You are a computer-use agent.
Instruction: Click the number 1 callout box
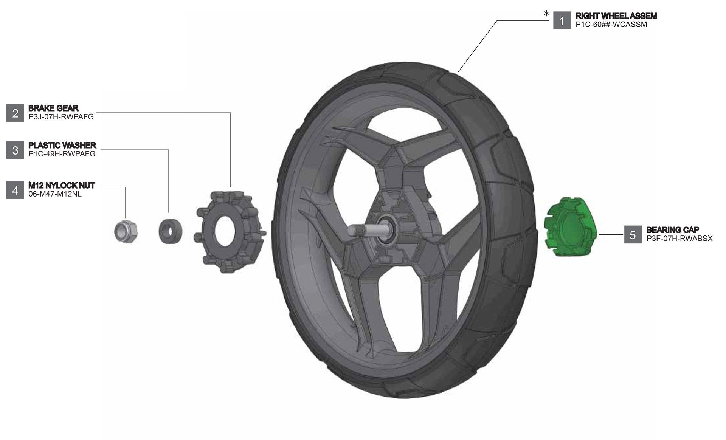point(562,21)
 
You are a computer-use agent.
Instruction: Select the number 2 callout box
point(15,113)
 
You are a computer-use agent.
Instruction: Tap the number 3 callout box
point(15,150)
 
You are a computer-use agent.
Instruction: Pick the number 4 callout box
point(15,190)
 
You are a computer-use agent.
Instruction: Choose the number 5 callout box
point(633,235)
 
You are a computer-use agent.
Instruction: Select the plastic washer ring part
point(170,230)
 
